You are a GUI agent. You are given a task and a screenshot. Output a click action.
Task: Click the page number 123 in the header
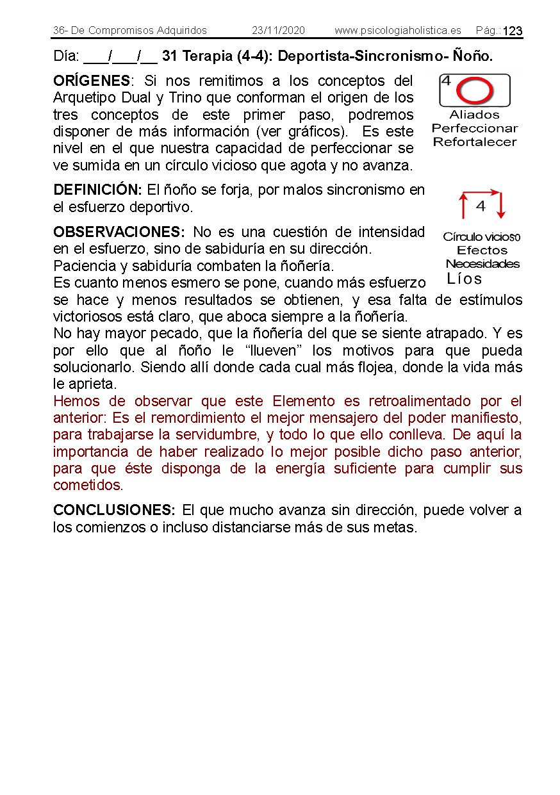pos(513,31)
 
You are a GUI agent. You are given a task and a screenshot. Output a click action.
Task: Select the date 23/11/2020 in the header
pos(278,30)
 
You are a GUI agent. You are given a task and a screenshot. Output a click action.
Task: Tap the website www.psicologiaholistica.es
pos(397,30)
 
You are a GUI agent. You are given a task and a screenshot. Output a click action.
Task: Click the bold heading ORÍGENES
pos(92,81)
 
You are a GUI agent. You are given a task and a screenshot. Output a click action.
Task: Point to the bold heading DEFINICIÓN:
pos(97,190)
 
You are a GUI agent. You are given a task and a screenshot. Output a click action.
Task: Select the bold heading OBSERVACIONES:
pos(119,232)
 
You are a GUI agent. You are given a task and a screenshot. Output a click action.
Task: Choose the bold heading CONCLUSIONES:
pos(114,511)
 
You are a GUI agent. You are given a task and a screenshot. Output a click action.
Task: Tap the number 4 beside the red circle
pos(446,81)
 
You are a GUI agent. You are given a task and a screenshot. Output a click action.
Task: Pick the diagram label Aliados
pos(474,115)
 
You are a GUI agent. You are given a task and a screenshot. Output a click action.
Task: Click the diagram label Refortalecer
pos(475,142)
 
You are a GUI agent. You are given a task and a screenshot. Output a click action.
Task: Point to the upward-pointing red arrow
pos(463,206)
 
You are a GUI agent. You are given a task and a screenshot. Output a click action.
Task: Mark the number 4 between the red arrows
pos(481,206)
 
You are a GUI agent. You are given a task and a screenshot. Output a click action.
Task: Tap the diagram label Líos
pos(465,279)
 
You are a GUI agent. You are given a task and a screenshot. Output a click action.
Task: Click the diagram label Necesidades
pos(482,264)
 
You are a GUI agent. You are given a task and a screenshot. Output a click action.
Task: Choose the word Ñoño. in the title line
pos(473,56)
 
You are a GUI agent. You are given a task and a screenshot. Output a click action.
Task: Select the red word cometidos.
pos(87,485)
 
